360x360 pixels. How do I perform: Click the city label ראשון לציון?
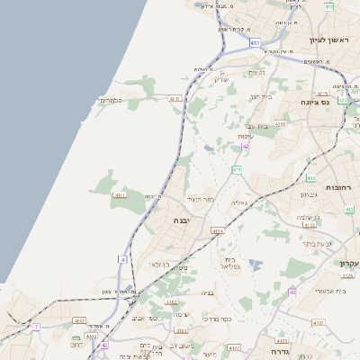click(328, 40)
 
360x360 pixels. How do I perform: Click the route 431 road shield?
click(256, 42)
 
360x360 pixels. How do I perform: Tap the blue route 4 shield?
click(122, 260)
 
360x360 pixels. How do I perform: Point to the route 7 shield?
click(37, 327)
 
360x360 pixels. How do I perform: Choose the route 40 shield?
click(292, 292)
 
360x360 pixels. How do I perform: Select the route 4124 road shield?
click(217, 230)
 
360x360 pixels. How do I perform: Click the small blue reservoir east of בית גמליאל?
click(256, 265)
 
